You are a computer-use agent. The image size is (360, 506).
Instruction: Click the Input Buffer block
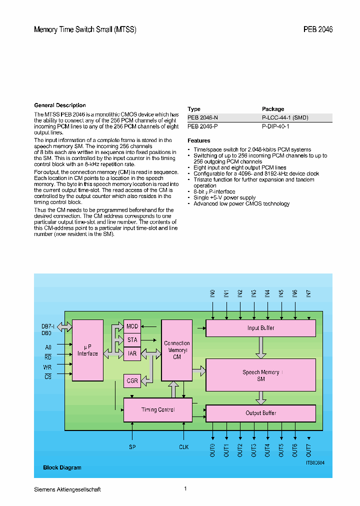click(x=260, y=328)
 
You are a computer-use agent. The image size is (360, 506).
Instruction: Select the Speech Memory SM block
click(x=260, y=375)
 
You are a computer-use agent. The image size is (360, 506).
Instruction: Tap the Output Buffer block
click(x=260, y=413)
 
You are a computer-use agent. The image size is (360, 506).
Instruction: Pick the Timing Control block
click(x=157, y=409)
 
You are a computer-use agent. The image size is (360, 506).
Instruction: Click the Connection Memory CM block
click(x=176, y=350)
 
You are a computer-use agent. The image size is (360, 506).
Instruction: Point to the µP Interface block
click(x=87, y=350)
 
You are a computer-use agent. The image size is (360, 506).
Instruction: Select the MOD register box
click(x=132, y=326)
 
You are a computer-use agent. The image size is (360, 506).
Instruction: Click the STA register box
click(x=132, y=340)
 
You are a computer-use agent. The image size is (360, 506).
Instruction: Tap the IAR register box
click(x=132, y=353)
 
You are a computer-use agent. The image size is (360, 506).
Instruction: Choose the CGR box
click(x=132, y=381)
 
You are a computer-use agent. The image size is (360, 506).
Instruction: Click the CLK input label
click(x=184, y=446)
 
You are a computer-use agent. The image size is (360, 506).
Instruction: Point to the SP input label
click(x=132, y=446)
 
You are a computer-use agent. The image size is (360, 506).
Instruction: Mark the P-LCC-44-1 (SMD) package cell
click(x=285, y=117)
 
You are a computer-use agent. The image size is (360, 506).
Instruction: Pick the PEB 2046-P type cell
click(x=202, y=126)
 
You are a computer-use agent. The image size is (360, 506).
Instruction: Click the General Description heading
click(x=60, y=105)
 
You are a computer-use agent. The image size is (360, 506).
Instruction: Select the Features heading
click(x=199, y=140)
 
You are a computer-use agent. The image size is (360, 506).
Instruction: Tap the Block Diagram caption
click(x=62, y=467)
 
